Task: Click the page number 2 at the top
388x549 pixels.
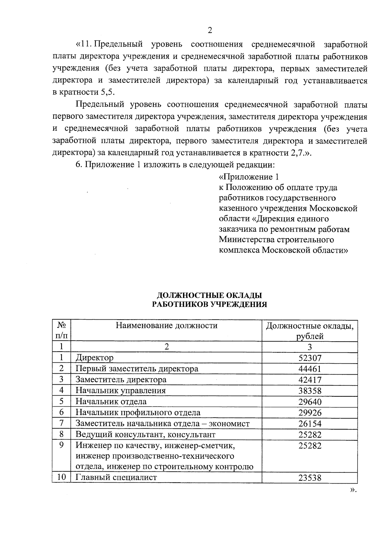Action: click(x=210, y=31)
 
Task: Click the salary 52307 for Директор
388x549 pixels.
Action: click(x=310, y=358)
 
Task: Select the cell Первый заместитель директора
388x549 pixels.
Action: click(x=137, y=369)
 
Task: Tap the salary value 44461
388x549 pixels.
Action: click(x=310, y=369)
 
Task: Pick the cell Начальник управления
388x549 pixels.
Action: click(x=121, y=390)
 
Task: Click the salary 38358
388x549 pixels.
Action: click(x=310, y=391)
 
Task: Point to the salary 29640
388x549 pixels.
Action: click(x=310, y=402)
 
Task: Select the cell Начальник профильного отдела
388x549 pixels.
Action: click(x=138, y=412)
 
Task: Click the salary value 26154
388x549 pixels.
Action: click(x=310, y=423)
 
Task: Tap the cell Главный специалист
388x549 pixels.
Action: click(x=116, y=477)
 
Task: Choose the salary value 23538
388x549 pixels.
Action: click(x=310, y=478)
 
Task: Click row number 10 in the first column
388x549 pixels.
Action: click(x=61, y=477)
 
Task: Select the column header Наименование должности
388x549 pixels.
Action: click(x=167, y=325)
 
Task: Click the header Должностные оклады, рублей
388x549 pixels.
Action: click(x=310, y=331)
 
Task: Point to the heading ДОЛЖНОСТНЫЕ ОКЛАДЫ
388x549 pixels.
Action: click(x=210, y=295)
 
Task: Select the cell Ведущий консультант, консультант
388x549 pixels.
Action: click(x=145, y=434)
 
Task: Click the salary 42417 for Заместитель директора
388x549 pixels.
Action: click(x=310, y=380)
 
